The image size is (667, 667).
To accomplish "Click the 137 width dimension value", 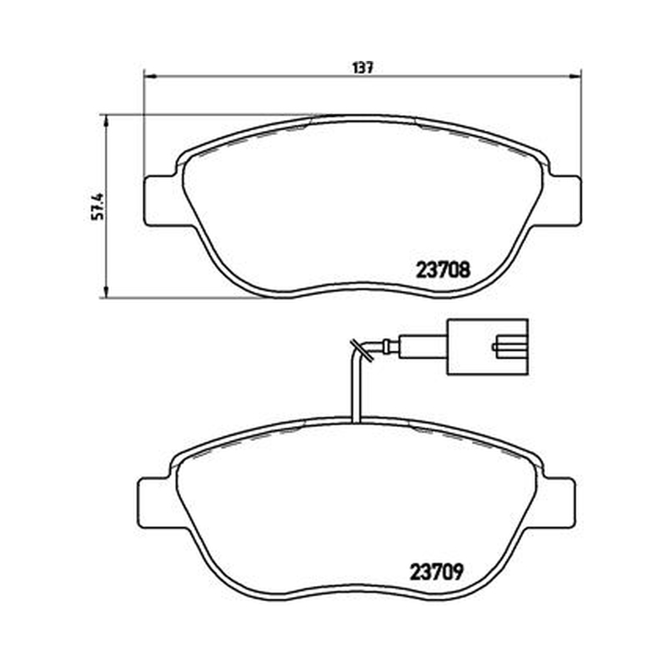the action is [x=363, y=68].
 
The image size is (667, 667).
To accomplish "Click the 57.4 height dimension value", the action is [x=98, y=206].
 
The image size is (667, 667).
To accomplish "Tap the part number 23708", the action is [x=443, y=269].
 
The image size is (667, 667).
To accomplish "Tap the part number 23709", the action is [x=436, y=572].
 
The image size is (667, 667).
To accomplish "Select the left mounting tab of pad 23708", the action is [x=160, y=200].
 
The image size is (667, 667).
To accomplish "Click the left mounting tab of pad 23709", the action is [x=154, y=503].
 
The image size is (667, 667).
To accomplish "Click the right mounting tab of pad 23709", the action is [x=558, y=503].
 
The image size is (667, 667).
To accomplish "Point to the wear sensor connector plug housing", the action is [x=488, y=347].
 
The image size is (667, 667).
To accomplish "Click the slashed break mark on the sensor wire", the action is [x=361, y=350].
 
